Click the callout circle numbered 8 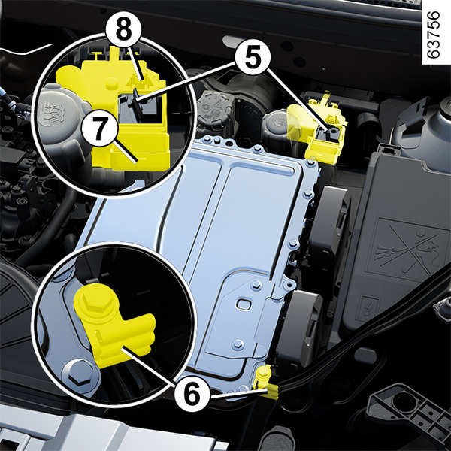(x=123, y=30)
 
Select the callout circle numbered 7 (x=99, y=128)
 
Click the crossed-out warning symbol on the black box (x=407, y=250)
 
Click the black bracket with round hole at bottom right (x=408, y=408)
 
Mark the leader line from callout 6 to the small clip (x=238, y=394)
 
